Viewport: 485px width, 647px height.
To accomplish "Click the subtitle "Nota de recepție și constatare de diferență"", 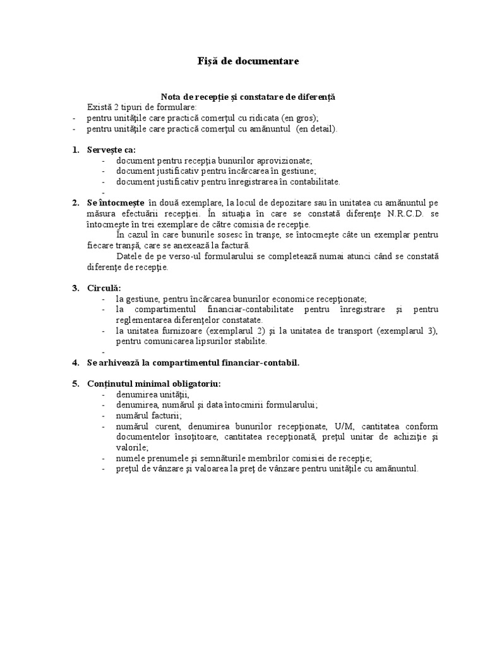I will tap(248, 97).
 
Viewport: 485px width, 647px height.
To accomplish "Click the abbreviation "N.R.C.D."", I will tap(406, 214).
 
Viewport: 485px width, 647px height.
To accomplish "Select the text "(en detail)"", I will tap(316, 129).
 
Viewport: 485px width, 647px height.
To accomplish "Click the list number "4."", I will tap(75, 363).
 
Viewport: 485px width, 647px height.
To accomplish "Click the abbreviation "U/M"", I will tap(345, 426).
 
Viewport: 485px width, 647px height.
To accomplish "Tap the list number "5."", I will tap(75, 384).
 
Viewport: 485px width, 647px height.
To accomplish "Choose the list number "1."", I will tap(75, 150).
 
